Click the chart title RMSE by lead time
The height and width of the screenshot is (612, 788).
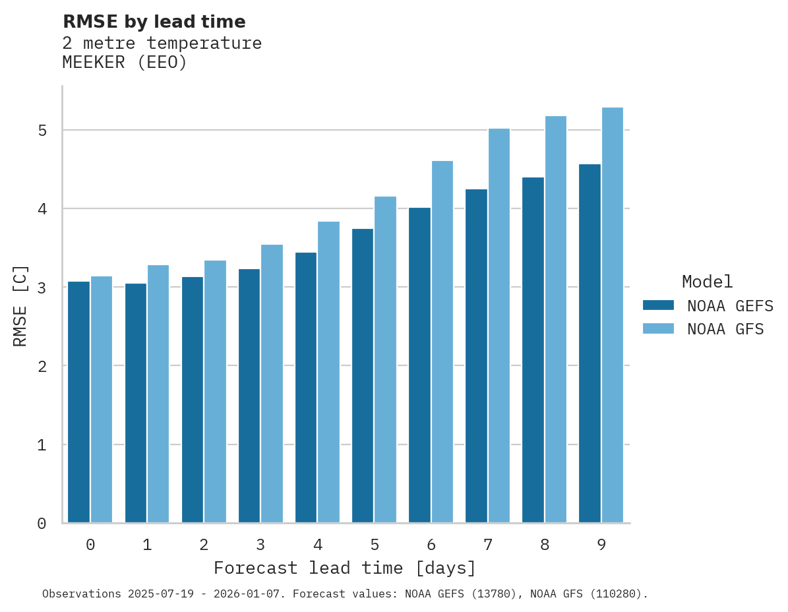click(154, 22)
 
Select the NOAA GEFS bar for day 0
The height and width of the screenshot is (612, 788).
click(78, 402)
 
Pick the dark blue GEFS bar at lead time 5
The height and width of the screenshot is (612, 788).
click(363, 376)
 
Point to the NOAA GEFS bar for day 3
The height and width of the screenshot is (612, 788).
click(249, 396)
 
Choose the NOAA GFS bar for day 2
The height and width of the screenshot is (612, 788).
click(215, 392)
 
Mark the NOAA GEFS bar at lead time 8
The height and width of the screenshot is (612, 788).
click(533, 350)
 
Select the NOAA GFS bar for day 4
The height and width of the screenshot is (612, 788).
click(328, 373)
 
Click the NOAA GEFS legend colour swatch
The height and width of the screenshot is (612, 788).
click(658, 305)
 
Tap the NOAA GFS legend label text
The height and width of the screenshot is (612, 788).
click(725, 329)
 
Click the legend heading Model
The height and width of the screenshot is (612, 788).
click(707, 282)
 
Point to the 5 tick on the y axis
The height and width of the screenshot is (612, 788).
click(42, 131)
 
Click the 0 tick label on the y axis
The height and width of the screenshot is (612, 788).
click(42, 524)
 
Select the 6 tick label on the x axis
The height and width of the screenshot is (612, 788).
click(431, 545)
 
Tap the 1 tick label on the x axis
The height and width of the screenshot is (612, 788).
click(147, 545)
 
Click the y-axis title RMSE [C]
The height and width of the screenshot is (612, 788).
click(20, 305)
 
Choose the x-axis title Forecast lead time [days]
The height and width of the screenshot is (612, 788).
click(344, 568)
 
